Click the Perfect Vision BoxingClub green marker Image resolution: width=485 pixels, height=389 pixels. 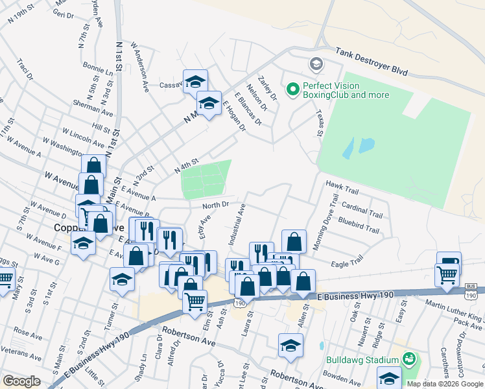(x=292, y=89)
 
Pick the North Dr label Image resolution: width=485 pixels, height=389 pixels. (x=215, y=205)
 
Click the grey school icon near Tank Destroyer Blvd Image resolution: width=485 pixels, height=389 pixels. (x=316, y=64)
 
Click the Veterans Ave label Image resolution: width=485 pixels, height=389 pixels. (x=21, y=353)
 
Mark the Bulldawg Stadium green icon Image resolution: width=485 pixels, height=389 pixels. (x=408, y=359)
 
